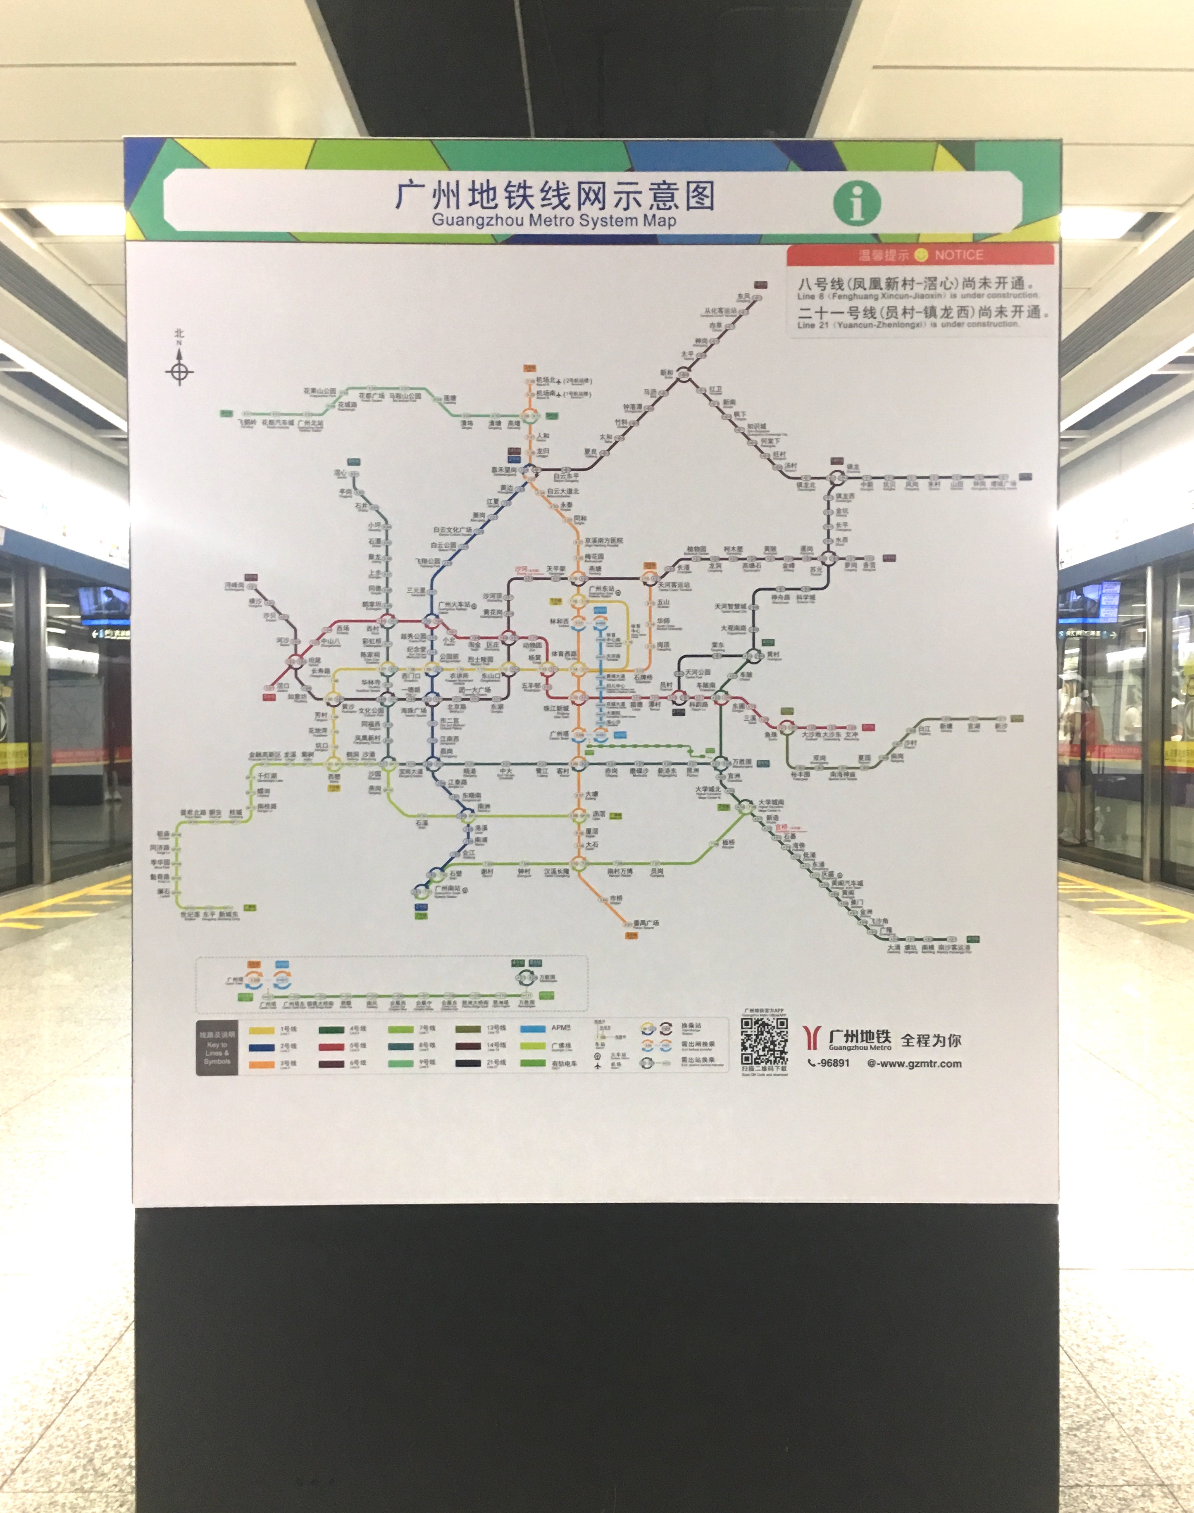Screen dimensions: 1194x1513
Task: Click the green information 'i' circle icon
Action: [857, 203]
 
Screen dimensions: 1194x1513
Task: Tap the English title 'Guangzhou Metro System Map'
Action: [554, 221]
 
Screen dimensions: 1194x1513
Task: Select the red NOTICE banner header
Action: [920, 255]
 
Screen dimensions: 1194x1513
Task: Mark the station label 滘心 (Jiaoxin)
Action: [341, 473]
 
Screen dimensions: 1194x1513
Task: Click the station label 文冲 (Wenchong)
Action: [851, 735]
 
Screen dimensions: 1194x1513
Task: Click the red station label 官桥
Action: [781, 828]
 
